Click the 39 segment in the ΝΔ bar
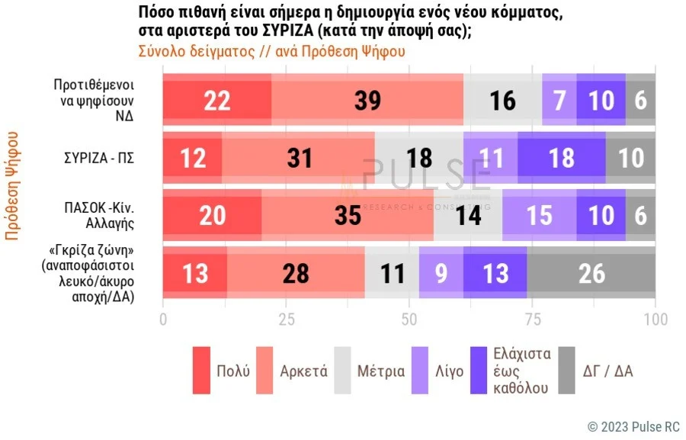(368, 100)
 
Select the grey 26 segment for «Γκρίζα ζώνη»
(591, 272)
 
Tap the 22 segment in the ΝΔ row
(217, 100)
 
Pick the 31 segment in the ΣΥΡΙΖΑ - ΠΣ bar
(298, 158)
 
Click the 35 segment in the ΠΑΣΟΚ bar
(348, 215)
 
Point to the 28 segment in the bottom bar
(296, 272)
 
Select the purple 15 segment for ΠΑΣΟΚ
(539, 215)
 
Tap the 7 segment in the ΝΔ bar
(559, 100)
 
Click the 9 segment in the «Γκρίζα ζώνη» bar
(441, 272)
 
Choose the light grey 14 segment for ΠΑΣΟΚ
(468, 215)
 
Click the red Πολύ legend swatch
(201, 371)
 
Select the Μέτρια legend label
(381, 371)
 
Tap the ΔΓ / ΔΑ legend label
(607, 371)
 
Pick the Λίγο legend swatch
(420, 371)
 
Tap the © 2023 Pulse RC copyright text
(633, 426)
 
